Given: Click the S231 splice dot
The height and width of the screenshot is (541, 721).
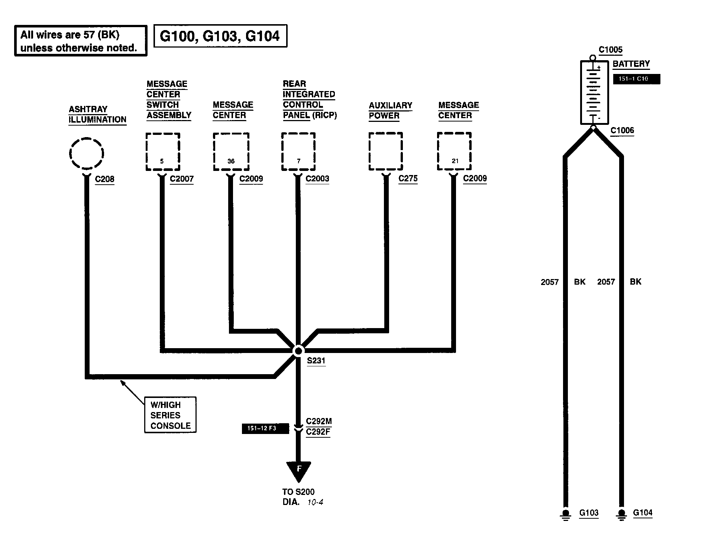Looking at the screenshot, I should (298, 351).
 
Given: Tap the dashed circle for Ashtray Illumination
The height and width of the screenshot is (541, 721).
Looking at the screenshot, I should (86, 153).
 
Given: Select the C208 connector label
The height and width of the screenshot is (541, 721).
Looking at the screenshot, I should (104, 179).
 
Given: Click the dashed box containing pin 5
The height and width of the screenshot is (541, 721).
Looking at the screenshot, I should (163, 152).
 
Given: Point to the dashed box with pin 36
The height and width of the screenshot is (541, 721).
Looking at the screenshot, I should (231, 152).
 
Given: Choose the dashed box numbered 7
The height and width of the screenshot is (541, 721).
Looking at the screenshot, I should (298, 152).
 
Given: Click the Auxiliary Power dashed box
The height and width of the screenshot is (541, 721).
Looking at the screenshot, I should (386, 151).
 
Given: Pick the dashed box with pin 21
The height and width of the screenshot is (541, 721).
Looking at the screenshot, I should (454, 151).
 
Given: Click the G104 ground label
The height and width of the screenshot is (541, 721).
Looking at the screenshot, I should (643, 513).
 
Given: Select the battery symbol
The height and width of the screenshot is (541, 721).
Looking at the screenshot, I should (594, 93).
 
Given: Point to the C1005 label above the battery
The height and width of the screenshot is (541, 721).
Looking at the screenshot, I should (610, 50).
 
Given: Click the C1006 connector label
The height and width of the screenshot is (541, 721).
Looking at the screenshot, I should (622, 130).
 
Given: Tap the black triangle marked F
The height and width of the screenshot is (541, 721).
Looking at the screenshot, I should (298, 470).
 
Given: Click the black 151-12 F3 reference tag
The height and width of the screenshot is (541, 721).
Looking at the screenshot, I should (265, 428).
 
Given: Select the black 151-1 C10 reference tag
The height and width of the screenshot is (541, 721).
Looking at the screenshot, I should (636, 79).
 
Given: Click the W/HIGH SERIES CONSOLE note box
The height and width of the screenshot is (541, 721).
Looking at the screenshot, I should (170, 415).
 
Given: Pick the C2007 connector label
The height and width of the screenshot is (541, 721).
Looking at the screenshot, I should (181, 179).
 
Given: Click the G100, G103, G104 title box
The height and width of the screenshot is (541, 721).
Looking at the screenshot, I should (220, 36).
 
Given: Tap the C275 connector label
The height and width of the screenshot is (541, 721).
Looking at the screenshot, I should (408, 179).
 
